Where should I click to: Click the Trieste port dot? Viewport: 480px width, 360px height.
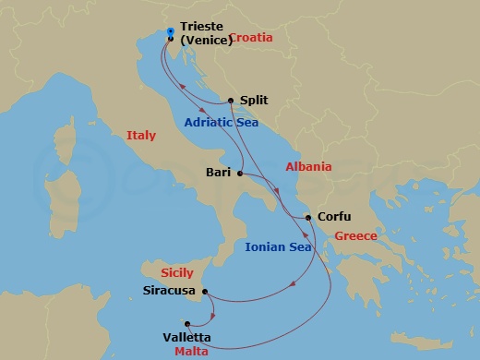click(172, 39)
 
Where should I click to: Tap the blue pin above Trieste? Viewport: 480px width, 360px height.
click(172, 31)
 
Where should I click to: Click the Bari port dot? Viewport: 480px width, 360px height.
click(239, 173)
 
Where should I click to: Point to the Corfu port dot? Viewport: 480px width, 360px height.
click(307, 218)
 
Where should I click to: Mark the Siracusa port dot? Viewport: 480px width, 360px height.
click(205, 293)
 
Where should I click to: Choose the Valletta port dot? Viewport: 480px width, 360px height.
click(187, 324)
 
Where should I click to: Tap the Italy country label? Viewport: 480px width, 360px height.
click(141, 136)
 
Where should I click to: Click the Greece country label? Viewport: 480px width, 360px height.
click(355, 236)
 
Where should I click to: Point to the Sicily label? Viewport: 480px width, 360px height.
click(176, 273)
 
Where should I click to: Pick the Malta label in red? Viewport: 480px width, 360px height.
click(192, 352)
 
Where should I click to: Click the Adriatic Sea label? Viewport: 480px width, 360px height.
click(221, 122)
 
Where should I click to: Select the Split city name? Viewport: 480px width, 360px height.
click(254, 100)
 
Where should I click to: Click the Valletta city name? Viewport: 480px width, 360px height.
click(186, 338)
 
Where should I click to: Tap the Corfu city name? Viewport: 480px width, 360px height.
click(333, 218)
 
